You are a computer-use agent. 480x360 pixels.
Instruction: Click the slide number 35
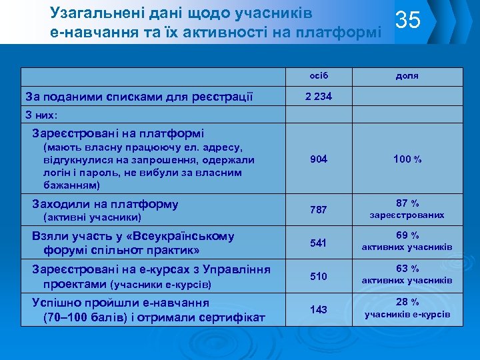click(408, 21)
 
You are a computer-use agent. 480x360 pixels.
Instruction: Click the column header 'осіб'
click(319, 75)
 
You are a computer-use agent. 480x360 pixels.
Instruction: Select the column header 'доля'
click(407, 75)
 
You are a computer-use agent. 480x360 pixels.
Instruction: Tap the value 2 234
click(319, 96)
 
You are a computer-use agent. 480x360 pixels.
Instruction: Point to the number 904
click(319, 159)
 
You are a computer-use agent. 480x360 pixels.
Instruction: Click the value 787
click(319, 210)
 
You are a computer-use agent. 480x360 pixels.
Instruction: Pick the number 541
click(319, 243)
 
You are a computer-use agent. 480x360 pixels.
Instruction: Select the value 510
click(319, 276)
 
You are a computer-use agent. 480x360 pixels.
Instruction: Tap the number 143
click(319, 309)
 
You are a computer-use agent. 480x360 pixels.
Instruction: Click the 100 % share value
click(407, 159)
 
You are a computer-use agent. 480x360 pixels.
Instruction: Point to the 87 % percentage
click(407, 203)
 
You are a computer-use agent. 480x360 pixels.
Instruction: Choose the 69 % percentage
click(407, 235)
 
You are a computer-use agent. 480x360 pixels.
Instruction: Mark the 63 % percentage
click(407, 269)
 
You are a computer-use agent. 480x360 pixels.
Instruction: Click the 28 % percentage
click(407, 302)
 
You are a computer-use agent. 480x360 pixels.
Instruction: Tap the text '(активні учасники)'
click(91, 217)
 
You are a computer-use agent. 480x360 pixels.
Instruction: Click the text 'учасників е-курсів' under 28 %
click(407, 314)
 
